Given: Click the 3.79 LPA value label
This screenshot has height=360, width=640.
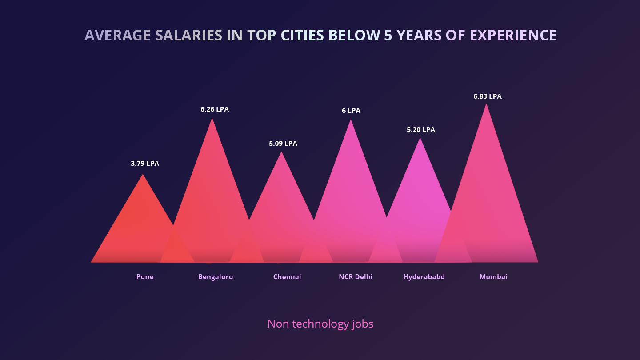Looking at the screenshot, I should click(x=144, y=164).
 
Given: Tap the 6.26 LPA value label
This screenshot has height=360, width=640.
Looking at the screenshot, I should click(x=215, y=109).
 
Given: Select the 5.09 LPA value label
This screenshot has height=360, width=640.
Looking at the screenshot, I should click(x=283, y=144).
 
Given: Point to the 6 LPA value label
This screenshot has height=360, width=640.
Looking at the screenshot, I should click(x=351, y=111).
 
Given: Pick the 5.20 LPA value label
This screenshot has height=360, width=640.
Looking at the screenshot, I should click(x=421, y=130).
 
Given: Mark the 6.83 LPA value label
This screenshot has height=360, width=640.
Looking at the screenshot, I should click(x=488, y=96).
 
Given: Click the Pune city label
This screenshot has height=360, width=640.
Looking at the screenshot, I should click(x=145, y=277).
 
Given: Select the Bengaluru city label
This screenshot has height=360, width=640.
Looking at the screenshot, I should click(x=216, y=277).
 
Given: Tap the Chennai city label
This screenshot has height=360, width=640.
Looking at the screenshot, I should click(x=287, y=277).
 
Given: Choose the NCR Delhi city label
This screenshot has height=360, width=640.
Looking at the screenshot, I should click(x=356, y=277).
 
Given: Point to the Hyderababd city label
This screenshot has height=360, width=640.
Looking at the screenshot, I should click(x=424, y=277).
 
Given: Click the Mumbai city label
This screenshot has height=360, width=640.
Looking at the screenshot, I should click(x=493, y=277).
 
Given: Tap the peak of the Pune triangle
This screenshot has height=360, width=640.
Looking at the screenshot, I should click(x=143, y=175).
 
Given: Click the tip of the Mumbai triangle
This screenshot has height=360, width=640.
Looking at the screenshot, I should click(x=486, y=105).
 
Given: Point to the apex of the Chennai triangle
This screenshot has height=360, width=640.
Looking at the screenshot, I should click(x=281, y=153).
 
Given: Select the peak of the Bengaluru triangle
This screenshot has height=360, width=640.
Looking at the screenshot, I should click(x=212, y=119).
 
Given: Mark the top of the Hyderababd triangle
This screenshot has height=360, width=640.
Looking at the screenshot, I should click(x=420, y=139).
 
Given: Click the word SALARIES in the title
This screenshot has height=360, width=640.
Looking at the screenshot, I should click(x=188, y=36).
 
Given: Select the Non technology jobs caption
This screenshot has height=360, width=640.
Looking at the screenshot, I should click(x=320, y=324).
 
